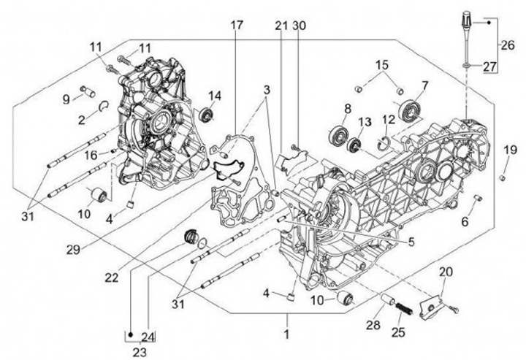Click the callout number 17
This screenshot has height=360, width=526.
[x=237, y=26]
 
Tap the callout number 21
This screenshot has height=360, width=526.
[x=281, y=26]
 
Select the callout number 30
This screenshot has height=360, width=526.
[x=299, y=26]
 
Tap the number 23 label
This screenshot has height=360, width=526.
[x=140, y=351]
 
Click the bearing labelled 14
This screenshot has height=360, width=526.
[x=208, y=115]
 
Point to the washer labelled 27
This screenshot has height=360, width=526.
[x=465, y=66]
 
